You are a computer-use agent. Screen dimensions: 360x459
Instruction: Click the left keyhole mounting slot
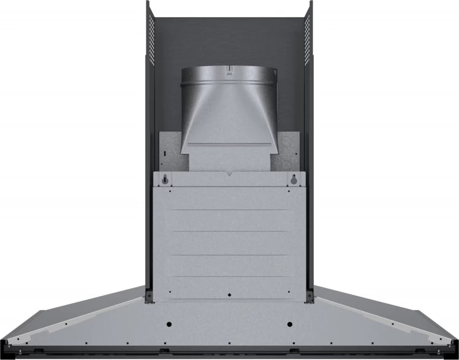tap(165, 180)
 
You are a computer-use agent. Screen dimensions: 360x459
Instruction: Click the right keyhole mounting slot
tap(293, 180)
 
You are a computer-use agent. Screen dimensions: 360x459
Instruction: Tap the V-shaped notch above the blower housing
tap(229, 172)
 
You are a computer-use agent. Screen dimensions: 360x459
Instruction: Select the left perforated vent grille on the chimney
tap(152, 37)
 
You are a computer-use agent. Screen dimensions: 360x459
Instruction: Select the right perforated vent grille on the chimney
tap(307, 37)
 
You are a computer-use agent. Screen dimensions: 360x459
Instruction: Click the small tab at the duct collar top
tap(229, 70)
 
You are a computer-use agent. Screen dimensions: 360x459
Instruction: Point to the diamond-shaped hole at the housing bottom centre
tap(229, 295)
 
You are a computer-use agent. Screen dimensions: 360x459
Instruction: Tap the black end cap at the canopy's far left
tap(5, 348)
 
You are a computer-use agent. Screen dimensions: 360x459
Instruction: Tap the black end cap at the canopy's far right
tap(454, 348)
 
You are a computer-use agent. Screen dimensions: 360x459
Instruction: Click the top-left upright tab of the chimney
tap(148, 6)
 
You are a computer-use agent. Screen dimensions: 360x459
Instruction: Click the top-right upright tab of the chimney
tap(310, 6)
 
